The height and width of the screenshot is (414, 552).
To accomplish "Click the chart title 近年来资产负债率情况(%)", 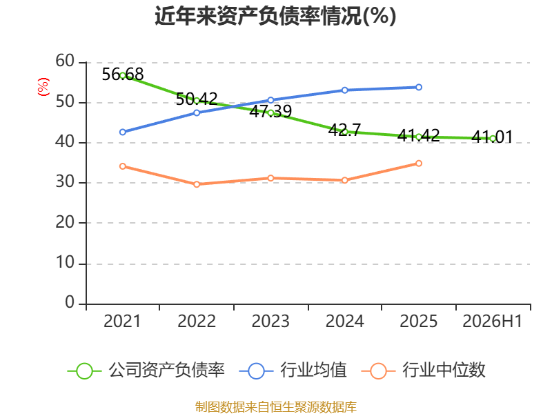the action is (275, 16).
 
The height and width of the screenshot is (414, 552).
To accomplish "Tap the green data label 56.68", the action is (123, 75).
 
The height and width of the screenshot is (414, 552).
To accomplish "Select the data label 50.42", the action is (197, 99).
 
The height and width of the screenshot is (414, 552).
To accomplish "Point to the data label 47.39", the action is (270, 111).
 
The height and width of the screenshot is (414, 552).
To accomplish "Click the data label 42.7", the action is (344, 130).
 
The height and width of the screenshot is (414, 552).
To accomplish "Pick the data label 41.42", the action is (419, 135).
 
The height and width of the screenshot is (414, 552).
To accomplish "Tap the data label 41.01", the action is (492, 137).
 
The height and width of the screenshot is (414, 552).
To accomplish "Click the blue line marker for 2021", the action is (123, 132).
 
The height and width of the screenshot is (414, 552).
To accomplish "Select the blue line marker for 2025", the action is (419, 87).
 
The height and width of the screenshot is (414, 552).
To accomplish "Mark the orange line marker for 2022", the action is (197, 184).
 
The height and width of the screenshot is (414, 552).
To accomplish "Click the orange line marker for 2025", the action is (419, 164).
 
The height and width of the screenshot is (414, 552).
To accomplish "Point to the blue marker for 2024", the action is (344, 90).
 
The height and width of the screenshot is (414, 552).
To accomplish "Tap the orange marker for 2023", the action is (270, 178).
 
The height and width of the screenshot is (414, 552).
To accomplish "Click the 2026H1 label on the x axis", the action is (492, 321).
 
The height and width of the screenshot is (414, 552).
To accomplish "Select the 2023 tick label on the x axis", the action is (270, 321).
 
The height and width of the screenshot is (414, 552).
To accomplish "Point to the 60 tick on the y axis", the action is (65, 61).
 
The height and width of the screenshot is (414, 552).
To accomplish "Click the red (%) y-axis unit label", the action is (43, 87).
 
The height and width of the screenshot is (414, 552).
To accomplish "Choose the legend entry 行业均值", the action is (293, 371).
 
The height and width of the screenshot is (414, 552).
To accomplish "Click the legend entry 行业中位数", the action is (423, 371).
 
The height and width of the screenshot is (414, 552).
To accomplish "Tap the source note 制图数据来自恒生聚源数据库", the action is (276, 407).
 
